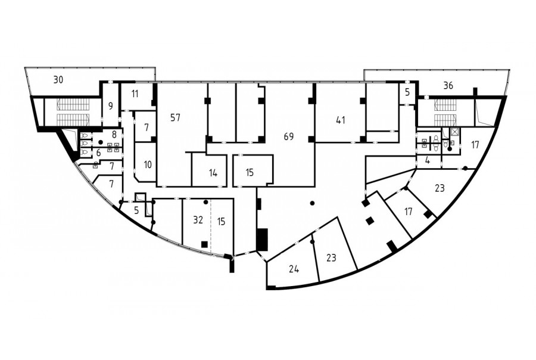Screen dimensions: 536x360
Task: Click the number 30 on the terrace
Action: click(x=58, y=80)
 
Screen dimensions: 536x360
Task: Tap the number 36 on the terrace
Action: click(x=448, y=86)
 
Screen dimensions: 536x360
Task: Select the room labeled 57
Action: click(x=175, y=118)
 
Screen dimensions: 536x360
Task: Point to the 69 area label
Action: click(x=289, y=136)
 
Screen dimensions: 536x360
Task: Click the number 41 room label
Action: click(x=341, y=120)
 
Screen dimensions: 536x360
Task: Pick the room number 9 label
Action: click(x=110, y=106)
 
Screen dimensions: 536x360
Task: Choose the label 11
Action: click(x=135, y=94)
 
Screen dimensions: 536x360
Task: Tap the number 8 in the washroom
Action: click(x=114, y=134)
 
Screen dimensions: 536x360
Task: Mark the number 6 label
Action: click(x=98, y=153)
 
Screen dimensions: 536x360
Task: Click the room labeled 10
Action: click(x=148, y=165)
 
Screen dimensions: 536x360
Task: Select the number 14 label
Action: click(x=213, y=173)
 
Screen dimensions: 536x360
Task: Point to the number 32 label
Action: click(x=198, y=220)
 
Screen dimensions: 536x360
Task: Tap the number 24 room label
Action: click(x=294, y=269)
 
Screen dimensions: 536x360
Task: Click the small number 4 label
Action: click(x=427, y=160)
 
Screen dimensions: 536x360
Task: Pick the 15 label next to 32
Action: click(x=221, y=221)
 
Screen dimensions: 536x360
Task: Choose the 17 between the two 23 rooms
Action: click(x=408, y=212)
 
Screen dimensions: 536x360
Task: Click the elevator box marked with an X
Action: click(x=454, y=131)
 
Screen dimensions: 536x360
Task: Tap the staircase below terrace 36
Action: click(x=445, y=112)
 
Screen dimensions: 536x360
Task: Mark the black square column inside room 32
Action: click(x=204, y=244)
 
